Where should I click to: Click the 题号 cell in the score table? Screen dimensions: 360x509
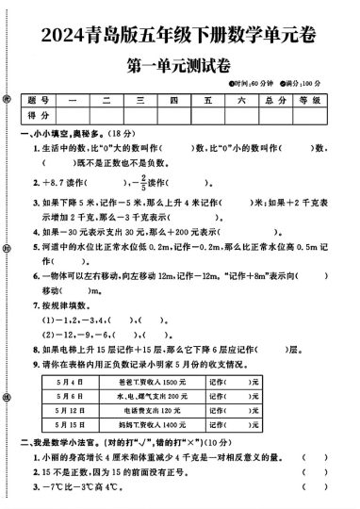coord(39,100)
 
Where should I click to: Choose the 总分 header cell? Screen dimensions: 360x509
coord(274,100)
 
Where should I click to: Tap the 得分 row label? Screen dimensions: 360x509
coord(39,115)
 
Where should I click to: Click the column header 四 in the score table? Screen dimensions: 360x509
coord(173,100)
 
